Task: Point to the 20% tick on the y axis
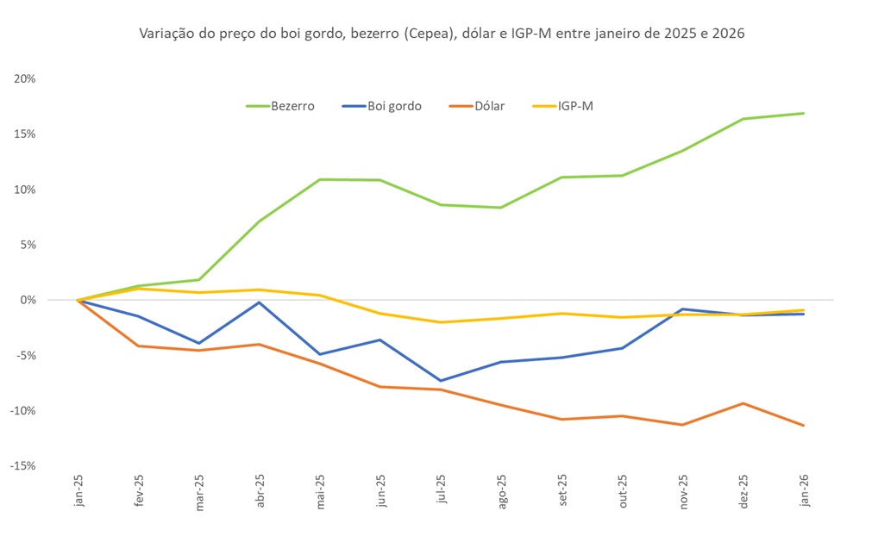coord(24,78)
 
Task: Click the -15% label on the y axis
coord(22,465)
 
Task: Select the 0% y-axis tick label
coord(28,300)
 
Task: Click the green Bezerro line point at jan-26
coord(803,113)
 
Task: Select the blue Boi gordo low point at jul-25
coord(441,381)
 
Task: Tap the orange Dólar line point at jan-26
coord(803,425)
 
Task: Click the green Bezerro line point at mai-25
coord(320,179)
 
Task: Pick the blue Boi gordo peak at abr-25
coord(260,302)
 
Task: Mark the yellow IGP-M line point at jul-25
coord(441,322)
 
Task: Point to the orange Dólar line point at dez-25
coord(743,403)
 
